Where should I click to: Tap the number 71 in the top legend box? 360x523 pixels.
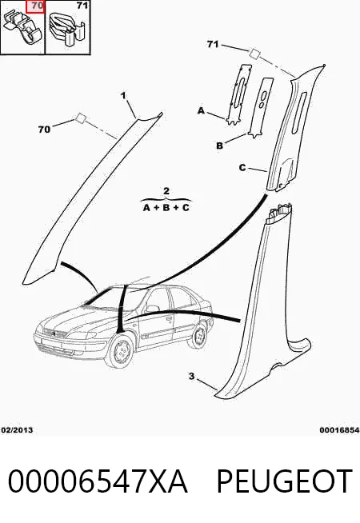coord(82,6)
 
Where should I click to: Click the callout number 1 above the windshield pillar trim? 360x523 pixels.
coord(123,96)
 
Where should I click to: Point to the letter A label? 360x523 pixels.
coord(201,110)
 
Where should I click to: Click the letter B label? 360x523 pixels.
coord(219,146)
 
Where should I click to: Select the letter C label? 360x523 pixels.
coord(242,167)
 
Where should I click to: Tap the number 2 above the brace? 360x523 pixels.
coord(166,191)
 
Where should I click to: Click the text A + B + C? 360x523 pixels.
coord(166,207)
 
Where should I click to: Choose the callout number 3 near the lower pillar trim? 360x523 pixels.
coord(191,376)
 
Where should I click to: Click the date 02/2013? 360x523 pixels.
coord(17,430)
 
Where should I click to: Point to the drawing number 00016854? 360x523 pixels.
coord(340,430)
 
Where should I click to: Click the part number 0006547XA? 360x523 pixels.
coord(98,481)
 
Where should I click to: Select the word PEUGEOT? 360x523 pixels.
coord(285,481)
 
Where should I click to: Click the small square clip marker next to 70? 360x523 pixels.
coord(81,118)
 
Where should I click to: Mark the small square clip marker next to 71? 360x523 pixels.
coord(254,53)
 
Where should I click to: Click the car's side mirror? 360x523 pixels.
coord(151,308)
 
